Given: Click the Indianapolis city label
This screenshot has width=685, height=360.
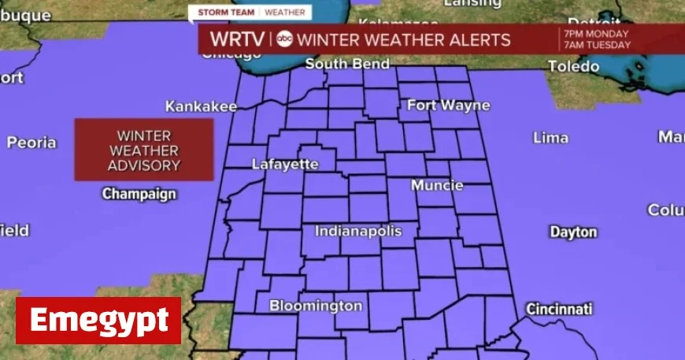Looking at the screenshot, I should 358,232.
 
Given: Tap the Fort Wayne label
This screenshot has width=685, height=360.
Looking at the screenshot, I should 449,106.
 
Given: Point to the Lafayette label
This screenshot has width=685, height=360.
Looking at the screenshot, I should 285,165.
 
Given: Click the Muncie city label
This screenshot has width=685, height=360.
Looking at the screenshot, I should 437,186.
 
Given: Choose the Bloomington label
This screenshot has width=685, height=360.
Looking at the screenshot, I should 316,306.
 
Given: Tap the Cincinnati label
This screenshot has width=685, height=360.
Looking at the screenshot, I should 559,308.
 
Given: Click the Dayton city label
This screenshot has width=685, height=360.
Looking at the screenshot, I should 573,232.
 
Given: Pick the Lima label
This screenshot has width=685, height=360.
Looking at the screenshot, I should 550,138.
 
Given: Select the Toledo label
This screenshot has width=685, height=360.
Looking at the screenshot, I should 574,67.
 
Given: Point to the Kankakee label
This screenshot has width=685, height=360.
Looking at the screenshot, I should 201,106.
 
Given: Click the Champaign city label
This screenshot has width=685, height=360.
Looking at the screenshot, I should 139,194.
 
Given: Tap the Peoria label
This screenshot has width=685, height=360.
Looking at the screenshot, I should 31,143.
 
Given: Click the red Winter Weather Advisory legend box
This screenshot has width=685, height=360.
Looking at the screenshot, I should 144,150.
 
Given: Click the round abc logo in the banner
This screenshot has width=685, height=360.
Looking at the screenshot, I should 285,39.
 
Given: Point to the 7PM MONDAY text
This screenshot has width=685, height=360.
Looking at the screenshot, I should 596,34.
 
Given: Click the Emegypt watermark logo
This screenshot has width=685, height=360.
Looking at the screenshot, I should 98,321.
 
